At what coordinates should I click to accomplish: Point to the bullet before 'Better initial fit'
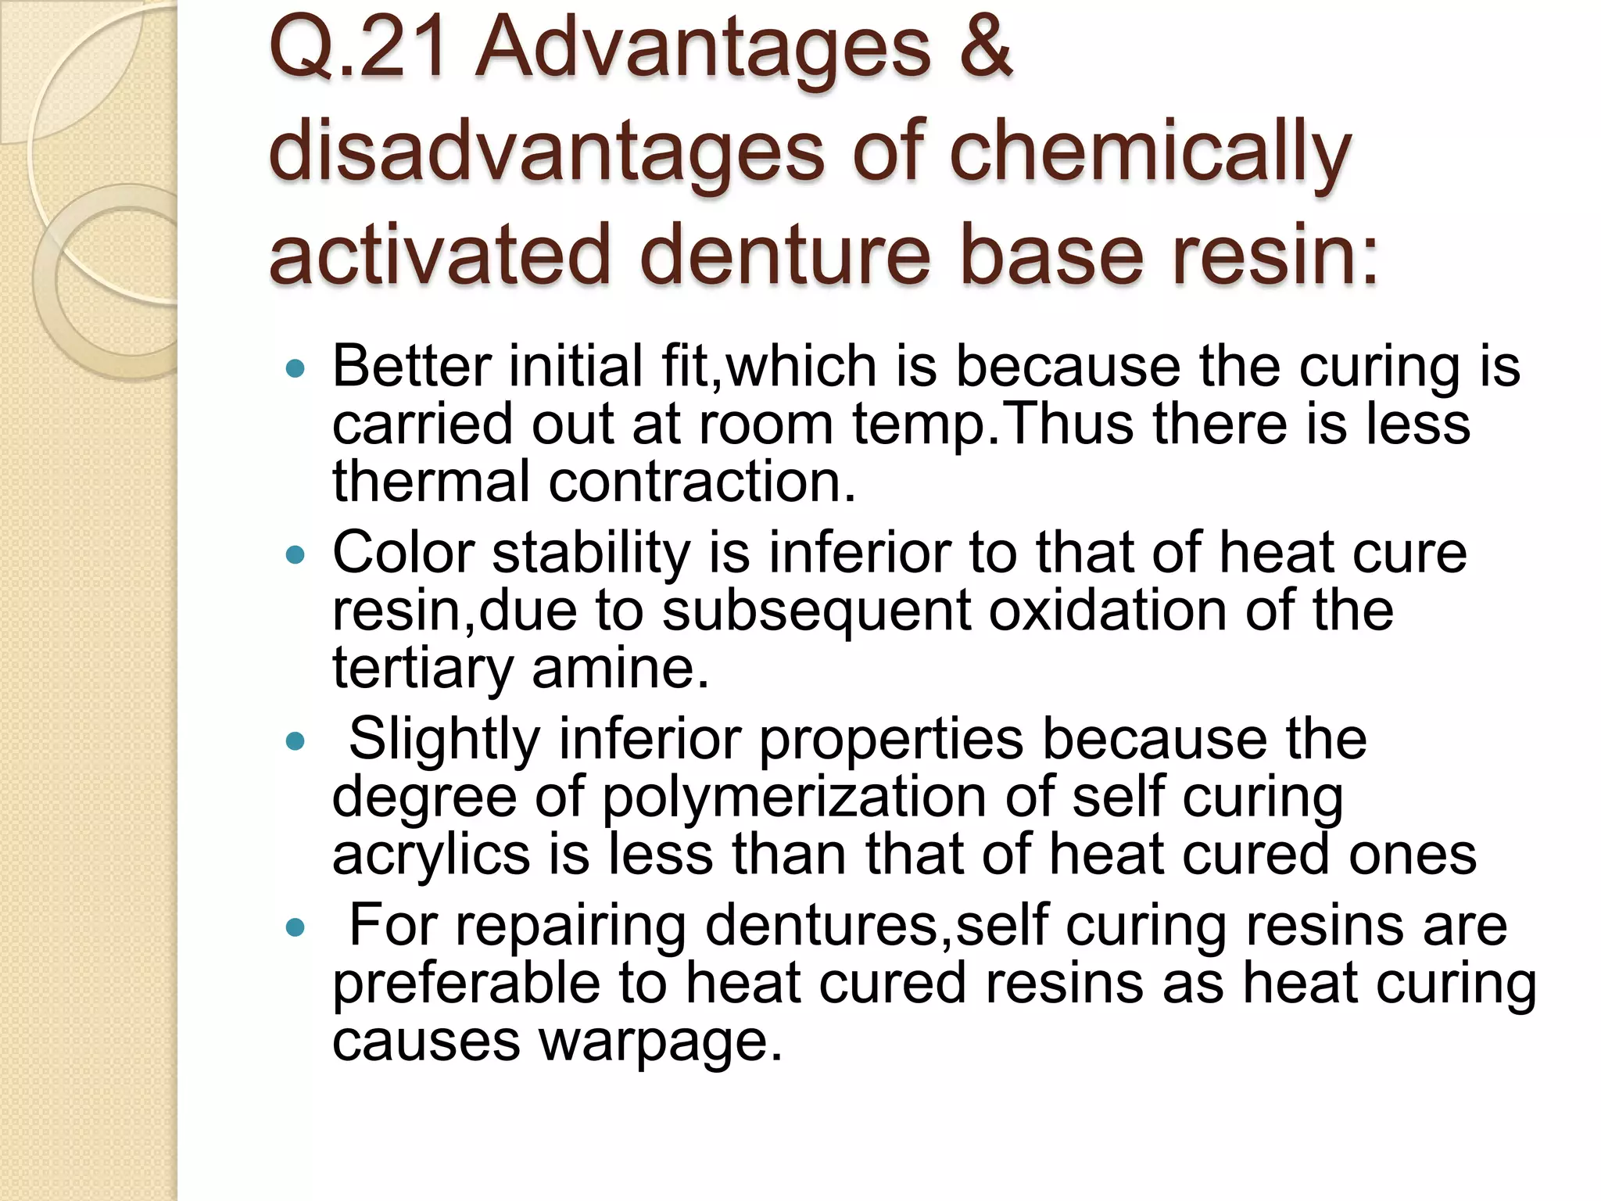pos(295,367)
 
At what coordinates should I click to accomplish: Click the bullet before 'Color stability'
pos(295,554)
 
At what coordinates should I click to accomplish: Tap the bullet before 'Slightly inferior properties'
pos(295,740)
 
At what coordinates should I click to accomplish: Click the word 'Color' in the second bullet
pos(403,553)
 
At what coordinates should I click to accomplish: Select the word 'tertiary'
pos(422,669)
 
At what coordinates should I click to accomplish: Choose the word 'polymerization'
pos(793,797)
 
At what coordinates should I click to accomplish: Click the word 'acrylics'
pos(431,854)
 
